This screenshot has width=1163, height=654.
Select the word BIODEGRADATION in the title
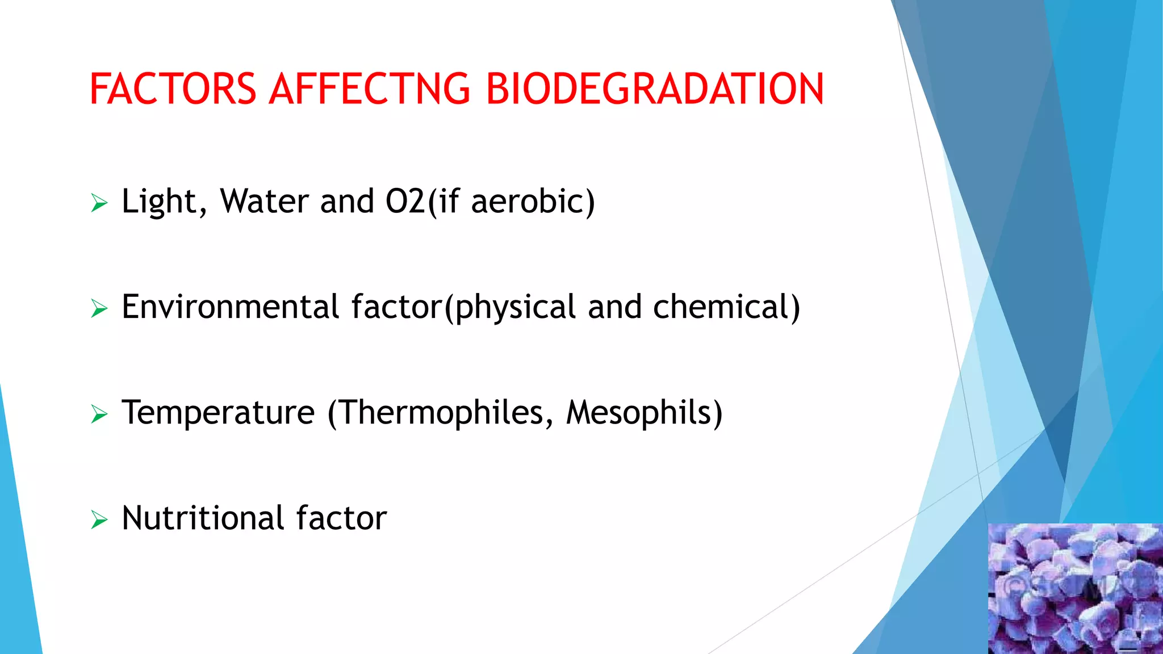(x=655, y=89)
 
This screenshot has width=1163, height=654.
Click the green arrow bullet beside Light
(x=99, y=203)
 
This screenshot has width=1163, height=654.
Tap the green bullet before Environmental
(x=99, y=309)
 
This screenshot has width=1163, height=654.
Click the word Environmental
(x=230, y=307)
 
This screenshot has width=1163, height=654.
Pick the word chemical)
(x=726, y=307)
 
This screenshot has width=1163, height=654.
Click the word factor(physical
(x=463, y=307)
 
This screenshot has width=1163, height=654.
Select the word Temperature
(x=218, y=413)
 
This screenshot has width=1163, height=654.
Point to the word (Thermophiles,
(x=440, y=413)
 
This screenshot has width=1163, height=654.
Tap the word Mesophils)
(x=645, y=413)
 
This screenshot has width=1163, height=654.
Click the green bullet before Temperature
(x=99, y=415)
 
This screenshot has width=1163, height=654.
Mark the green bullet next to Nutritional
(x=99, y=520)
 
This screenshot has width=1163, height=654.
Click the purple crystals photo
(x=1075, y=589)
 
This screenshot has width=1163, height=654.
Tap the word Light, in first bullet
(x=164, y=201)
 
